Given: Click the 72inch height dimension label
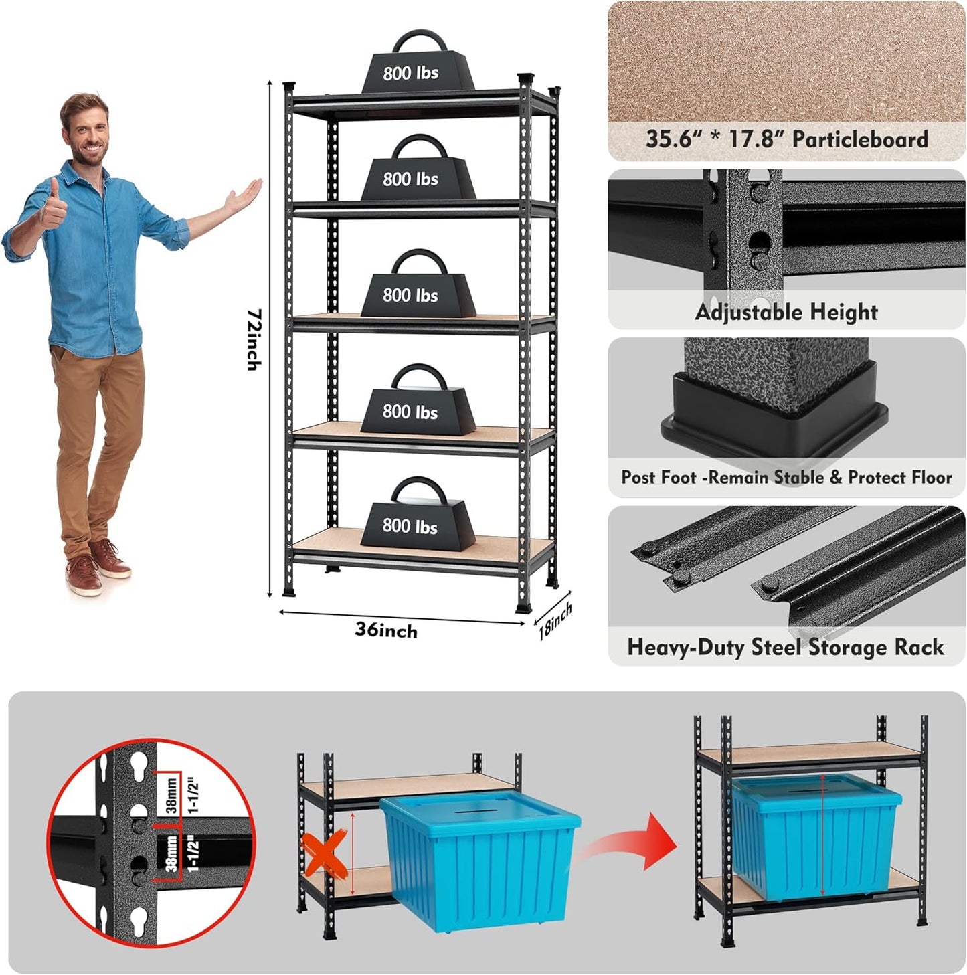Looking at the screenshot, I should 253,339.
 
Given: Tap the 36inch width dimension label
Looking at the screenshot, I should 385,630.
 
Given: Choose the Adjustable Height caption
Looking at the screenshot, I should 786,312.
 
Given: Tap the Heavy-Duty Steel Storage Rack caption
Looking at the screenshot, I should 785,647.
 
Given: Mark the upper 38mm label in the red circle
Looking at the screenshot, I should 171,794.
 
